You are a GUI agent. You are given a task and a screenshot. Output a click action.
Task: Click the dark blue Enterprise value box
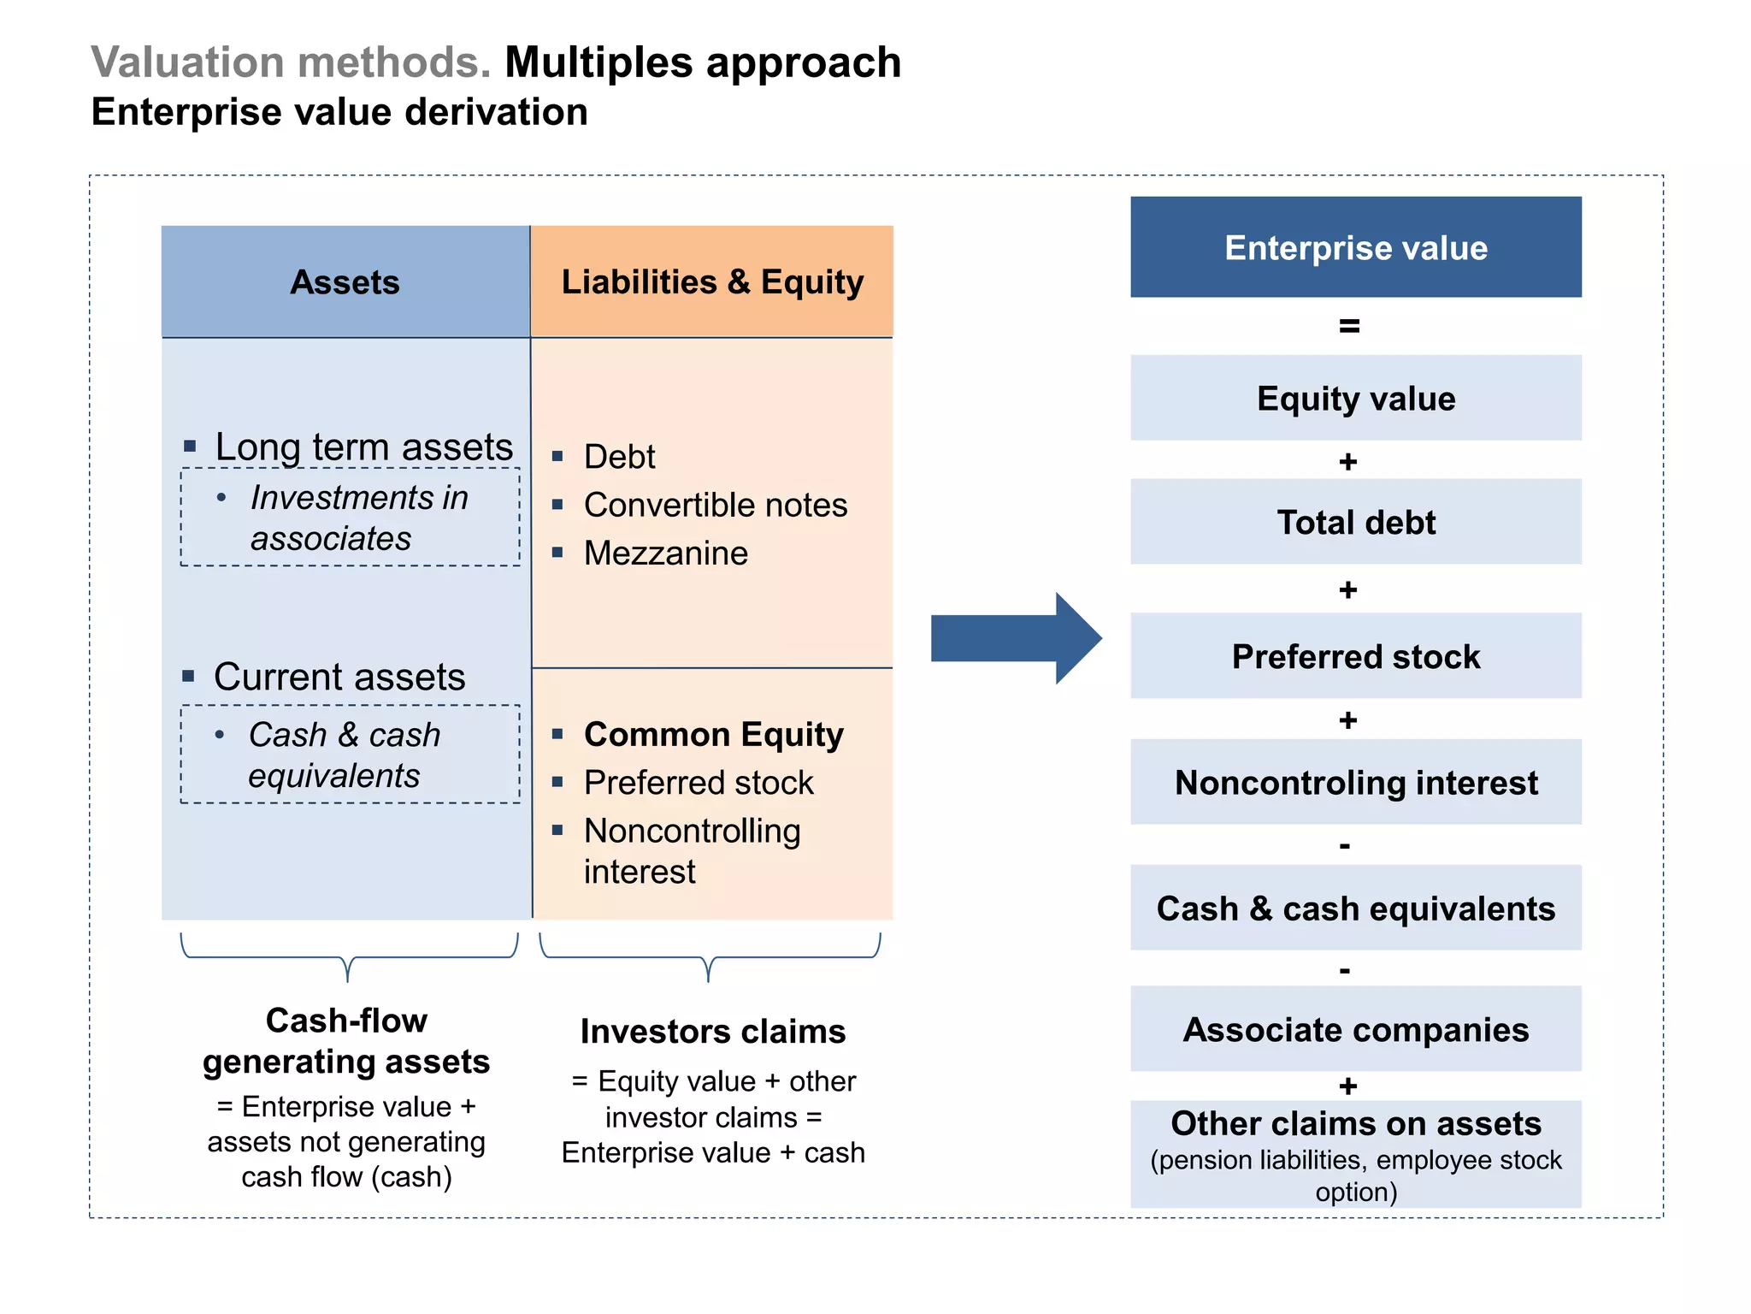pyautogui.click(x=1355, y=247)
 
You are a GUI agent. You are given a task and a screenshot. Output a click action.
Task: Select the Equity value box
pyautogui.click(x=1355, y=398)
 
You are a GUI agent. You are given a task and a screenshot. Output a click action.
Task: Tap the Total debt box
pyautogui.click(x=1355, y=522)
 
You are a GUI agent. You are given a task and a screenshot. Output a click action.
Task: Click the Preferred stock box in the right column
pyautogui.click(x=1355, y=656)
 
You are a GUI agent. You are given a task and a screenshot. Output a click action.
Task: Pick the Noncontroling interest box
pyautogui.click(x=1355, y=782)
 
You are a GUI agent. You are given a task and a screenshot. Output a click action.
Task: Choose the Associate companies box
pyautogui.click(x=1355, y=1029)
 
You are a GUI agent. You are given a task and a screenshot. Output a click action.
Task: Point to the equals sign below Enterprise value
pyautogui.click(x=1349, y=326)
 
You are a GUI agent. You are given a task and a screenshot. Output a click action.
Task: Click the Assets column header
pyautogui.click(x=345, y=281)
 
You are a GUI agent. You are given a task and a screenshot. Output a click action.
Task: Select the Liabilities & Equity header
pyautogui.click(x=712, y=281)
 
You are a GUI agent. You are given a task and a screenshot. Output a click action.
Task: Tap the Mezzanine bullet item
pyautogui.click(x=665, y=553)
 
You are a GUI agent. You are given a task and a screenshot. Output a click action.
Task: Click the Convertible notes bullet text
pyautogui.click(x=715, y=505)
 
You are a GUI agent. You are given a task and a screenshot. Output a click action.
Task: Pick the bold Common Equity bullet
pyautogui.click(x=713, y=734)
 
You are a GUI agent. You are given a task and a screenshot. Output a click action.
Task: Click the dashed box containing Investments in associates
pyautogui.click(x=350, y=517)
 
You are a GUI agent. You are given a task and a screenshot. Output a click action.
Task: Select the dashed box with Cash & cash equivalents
pyautogui.click(x=350, y=754)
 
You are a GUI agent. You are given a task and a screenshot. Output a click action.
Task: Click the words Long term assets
pyautogui.click(x=363, y=447)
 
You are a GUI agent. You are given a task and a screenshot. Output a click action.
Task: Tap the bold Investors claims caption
pyautogui.click(x=712, y=1031)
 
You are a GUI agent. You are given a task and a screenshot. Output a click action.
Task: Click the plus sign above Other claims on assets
pyautogui.click(x=1348, y=1086)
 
